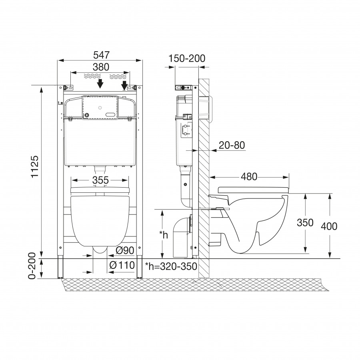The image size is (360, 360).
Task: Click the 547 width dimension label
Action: [x=102, y=55]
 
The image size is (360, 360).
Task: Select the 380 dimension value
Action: [x=101, y=67]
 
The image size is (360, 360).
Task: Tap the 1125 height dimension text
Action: [x=35, y=166]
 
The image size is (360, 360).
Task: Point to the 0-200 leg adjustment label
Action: [x=32, y=266]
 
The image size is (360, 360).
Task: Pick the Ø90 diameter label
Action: [x=125, y=250]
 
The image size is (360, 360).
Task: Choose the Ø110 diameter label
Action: [x=122, y=266]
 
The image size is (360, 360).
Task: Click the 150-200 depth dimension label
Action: [x=187, y=58]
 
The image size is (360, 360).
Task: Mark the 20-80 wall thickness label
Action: [x=232, y=145]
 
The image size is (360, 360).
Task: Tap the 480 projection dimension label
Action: [x=249, y=177]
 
